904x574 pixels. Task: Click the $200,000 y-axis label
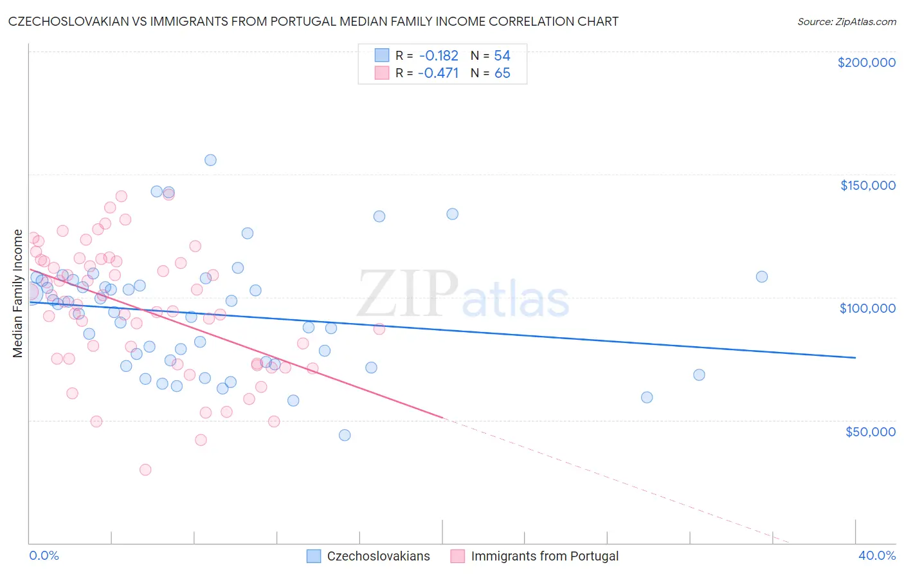pos(866,62)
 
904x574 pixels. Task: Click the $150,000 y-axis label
pos(867,185)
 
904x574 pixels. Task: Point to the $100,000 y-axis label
pos(867,308)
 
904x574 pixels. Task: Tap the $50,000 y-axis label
pos(870,431)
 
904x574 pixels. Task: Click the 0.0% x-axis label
pos(44,555)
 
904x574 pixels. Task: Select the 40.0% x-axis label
pos(876,555)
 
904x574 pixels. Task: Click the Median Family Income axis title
pos(17,293)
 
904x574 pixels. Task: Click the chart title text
pos(313,21)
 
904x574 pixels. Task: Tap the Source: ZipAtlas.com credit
pos(846,22)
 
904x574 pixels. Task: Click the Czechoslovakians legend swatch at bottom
pos(314,556)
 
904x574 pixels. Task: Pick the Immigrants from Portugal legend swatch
pos(458,556)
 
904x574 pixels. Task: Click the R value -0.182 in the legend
pos(438,56)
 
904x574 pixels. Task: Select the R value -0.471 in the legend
pos(438,73)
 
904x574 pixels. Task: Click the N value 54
pos(502,56)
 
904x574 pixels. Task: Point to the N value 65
pos(502,73)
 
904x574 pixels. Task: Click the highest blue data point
pos(210,160)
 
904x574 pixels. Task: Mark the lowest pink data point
pos(145,470)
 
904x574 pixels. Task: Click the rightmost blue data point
pos(762,277)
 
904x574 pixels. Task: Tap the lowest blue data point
pos(345,435)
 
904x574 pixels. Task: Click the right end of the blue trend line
pos(855,358)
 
